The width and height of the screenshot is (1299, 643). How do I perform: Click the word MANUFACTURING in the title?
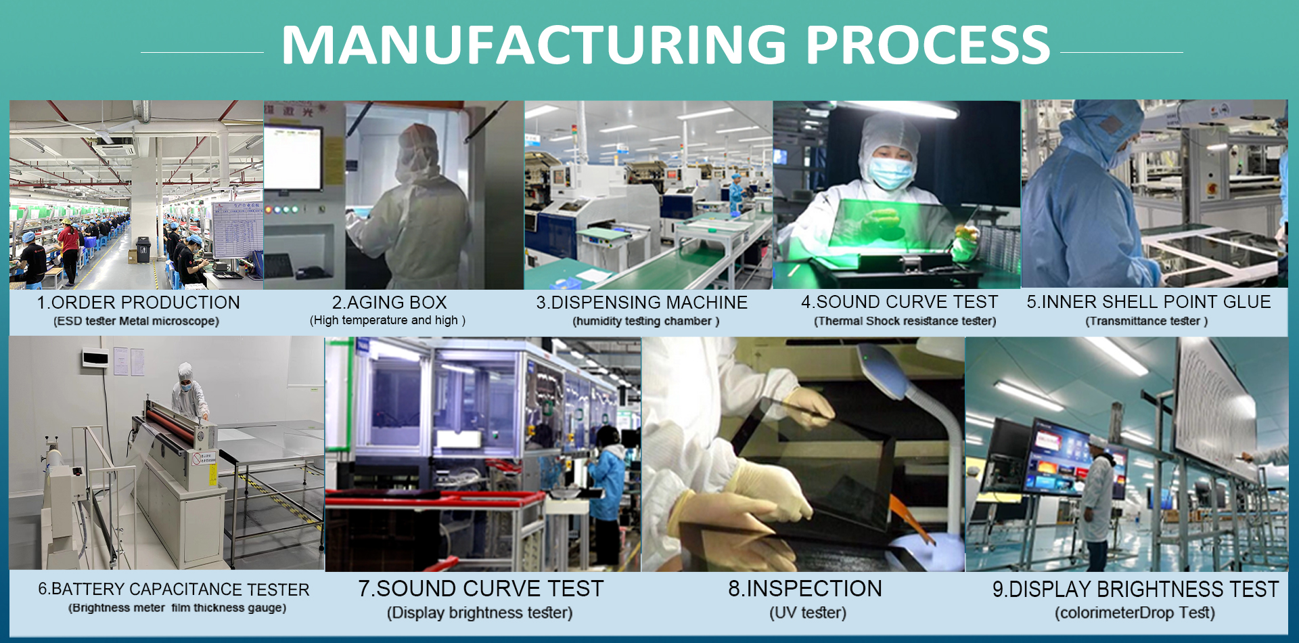coord(534,45)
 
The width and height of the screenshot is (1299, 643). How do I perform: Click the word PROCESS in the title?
coord(928,45)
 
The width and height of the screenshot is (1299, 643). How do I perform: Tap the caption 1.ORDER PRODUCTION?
coord(138,303)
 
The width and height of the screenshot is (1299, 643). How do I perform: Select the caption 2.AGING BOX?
coord(389,303)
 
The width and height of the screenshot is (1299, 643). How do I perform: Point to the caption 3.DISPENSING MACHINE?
coord(642,303)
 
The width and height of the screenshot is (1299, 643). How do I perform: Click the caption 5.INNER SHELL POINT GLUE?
coord(1149,302)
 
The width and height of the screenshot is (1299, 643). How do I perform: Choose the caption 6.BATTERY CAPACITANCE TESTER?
coord(174,590)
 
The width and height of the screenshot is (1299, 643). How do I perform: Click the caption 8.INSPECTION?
coord(805,589)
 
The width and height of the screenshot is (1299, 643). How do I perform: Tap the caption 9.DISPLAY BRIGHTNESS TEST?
coord(1136,590)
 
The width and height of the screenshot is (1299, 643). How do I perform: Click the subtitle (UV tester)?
coord(808,613)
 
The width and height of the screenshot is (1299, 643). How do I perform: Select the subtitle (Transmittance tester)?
coord(1147,321)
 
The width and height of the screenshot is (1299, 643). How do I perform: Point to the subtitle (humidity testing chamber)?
coord(646,321)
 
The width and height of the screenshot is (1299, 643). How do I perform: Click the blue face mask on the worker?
coord(889,173)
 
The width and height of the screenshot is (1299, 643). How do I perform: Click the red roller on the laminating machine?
coord(177,421)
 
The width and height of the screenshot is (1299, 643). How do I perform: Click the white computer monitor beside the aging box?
coord(292,157)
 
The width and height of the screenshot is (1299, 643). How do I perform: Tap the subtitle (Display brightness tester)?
coord(480,613)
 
